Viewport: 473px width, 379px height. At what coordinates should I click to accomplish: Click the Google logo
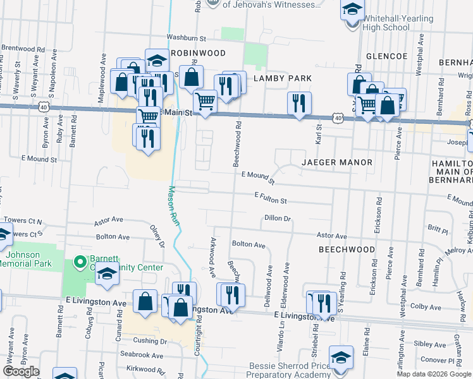[21, 371]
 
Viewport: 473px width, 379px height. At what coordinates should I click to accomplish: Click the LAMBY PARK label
[283, 78]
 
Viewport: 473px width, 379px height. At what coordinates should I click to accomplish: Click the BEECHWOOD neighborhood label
[347, 250]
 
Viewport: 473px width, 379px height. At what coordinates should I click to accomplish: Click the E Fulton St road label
[271, 199]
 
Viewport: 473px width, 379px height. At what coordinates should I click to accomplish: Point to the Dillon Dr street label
[277, 219]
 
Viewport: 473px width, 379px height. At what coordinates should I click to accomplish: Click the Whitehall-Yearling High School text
[398, 23]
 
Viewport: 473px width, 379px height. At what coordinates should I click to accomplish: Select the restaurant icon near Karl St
[298, 102]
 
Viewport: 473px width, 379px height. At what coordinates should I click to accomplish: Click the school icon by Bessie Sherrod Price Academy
[341, 358]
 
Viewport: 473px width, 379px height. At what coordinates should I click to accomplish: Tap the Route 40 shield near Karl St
[339, 118]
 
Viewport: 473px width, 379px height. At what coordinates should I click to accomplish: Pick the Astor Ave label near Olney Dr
[108, 221]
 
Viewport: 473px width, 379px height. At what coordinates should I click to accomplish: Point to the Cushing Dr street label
[150, 341]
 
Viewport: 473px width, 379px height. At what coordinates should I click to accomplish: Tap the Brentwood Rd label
[23, 48]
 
